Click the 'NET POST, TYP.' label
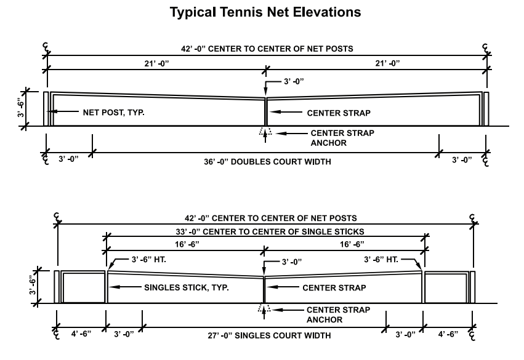coord(115,113)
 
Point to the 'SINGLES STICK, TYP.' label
coord(187,287)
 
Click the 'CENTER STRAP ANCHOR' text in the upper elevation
coord(342,138)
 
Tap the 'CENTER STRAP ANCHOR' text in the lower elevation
coord(339,314)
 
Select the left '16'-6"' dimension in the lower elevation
coord(186,244)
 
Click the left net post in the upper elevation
coord(46,109)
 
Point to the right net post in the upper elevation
coord(486,109)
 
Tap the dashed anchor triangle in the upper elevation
coord(265,132)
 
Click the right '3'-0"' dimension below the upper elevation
coord(461,159)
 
